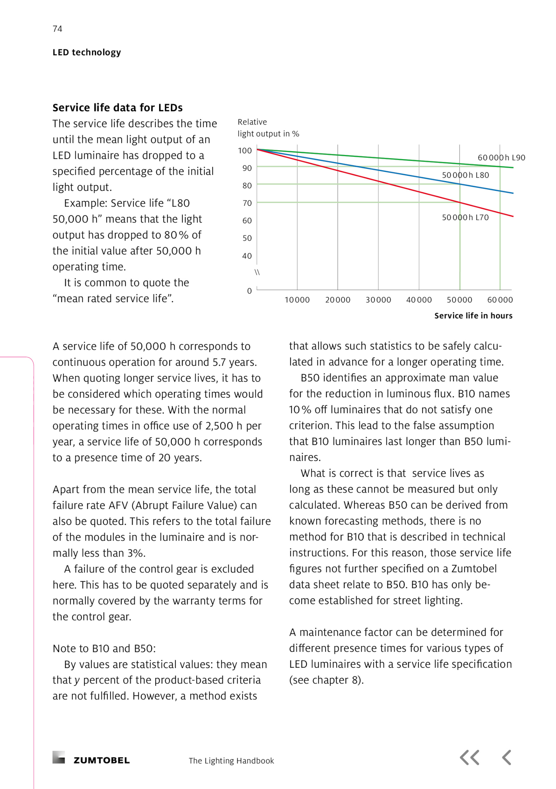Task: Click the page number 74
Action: click(57, 29)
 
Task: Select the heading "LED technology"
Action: click(87, 52)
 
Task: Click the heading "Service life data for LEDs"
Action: click(117, 108)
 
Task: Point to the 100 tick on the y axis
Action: click(245, 151)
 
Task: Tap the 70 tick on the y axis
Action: click(247, 203)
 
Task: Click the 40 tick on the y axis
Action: click(247, 256)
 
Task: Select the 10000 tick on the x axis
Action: click(297, 300)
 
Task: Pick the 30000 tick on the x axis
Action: click(378, 300)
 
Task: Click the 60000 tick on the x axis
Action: click(500, 300)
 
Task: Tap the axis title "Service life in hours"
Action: click(473, 316)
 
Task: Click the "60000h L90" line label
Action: click(501, 157)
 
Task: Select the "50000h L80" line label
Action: click(465, 175)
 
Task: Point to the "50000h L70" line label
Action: click(465, 217)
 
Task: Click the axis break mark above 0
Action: click(257, 272)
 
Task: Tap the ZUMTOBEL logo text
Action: click(101, 760)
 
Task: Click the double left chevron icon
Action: click(469, 758)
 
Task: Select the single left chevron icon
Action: click(507, 758)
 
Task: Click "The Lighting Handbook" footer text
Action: click(231, 761)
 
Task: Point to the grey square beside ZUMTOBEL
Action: click(59, 757)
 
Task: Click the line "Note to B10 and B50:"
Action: click(104, 649)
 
